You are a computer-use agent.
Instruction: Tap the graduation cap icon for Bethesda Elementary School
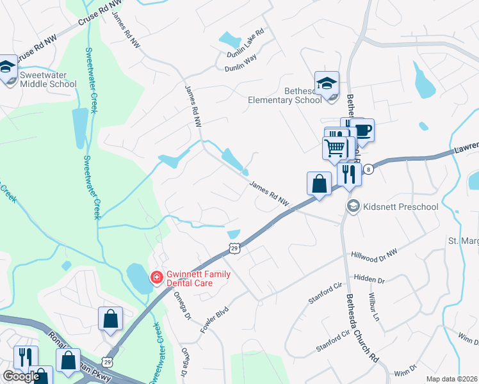[327, 84]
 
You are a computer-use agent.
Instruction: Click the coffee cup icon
[362, 131]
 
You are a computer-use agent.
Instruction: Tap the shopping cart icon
[335, 148]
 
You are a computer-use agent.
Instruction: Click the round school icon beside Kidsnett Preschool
[353, 206]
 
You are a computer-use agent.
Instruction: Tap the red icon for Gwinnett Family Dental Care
[156, 278]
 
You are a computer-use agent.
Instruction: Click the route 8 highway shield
[369, 170]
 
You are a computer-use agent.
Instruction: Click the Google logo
[21, 376]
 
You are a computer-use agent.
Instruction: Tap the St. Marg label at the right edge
[462, 241]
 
